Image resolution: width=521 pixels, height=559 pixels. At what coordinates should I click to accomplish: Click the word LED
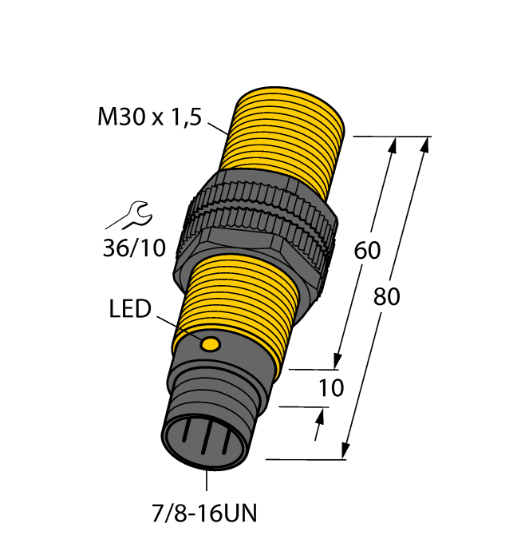(128, 309)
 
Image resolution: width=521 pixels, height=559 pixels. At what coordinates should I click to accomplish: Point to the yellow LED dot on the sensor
(211, 344)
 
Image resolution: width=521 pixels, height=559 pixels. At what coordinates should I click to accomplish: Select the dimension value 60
(367, 250)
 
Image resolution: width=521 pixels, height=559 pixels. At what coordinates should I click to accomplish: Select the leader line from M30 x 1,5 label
(218, 127)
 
